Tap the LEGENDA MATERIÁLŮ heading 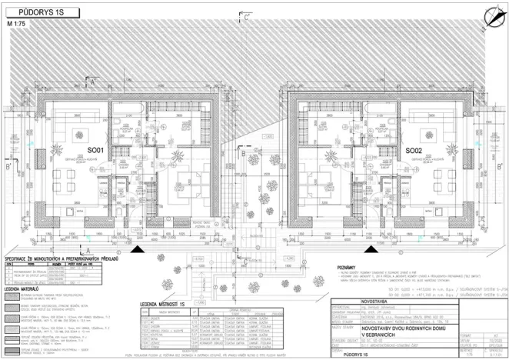(28, 290)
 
